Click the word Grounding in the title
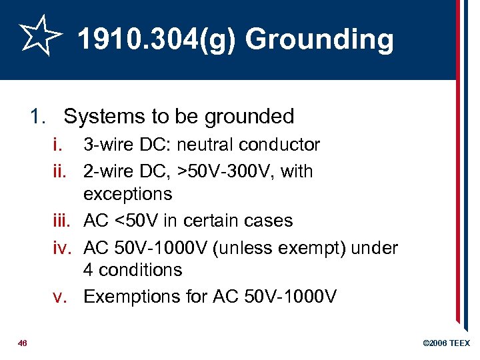coord(319,39)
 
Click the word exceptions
coord(127,195)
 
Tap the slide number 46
coord(23,343)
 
